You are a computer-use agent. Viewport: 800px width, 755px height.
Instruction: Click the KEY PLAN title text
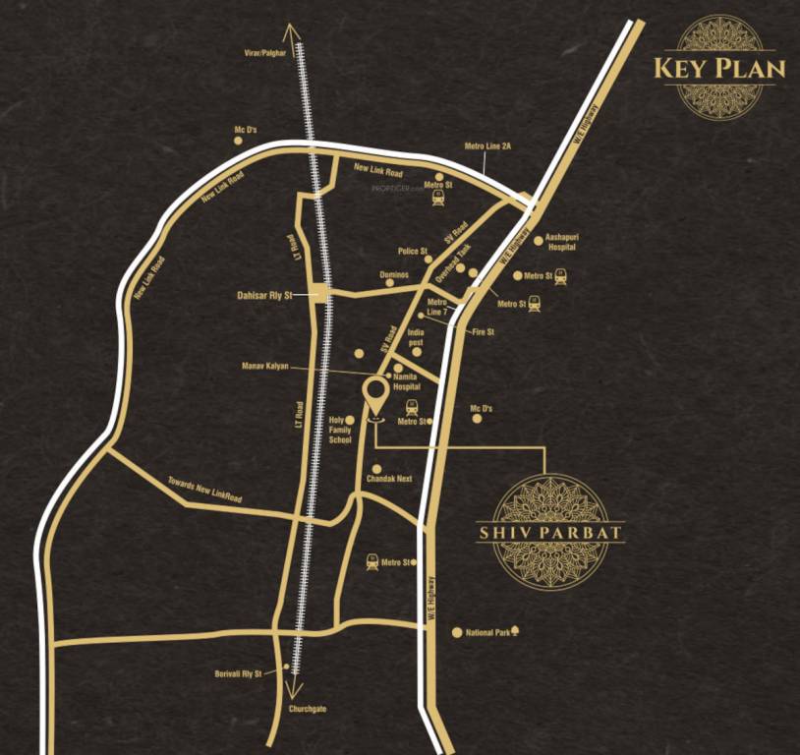coord(719,68)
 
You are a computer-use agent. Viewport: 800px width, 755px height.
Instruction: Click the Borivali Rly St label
coord(239,673)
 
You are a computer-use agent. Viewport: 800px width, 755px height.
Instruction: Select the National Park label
coord(487,633)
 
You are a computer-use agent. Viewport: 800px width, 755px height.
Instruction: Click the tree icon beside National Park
coord(515,632)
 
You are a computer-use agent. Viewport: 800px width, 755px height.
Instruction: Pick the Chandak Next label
coord(389,478)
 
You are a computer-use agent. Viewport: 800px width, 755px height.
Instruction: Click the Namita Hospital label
coord(406,381)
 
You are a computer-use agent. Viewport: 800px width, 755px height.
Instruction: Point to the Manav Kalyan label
coord(265,367)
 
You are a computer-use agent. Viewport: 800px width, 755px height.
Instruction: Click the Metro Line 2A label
coord(487,146)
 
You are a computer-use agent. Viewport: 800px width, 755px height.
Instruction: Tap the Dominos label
coord(394,275)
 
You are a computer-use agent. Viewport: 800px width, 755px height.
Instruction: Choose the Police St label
coord(413,252)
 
